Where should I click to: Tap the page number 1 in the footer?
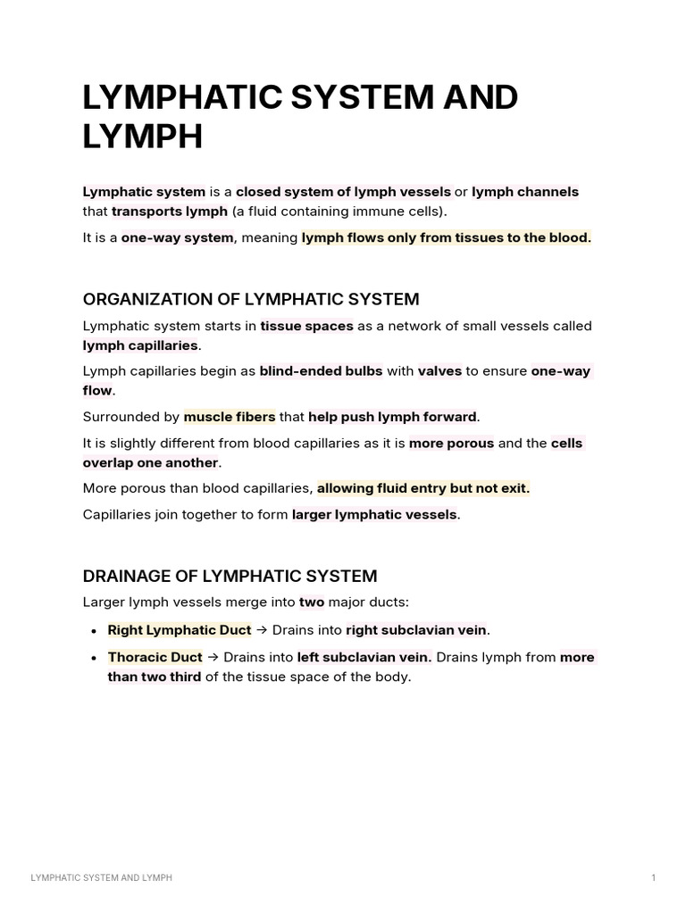tap(653, 878)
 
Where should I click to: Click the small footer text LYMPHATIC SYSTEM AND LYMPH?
tap(101, 878)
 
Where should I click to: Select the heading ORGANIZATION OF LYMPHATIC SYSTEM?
tap(251, 299)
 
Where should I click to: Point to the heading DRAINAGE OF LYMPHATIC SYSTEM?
tap(230, 576)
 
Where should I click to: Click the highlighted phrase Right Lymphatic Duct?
tap(179, 630)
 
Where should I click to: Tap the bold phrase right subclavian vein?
tap(415, 630)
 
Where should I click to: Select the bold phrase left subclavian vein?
tap(364, 657)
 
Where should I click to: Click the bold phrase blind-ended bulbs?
tap(321, 371)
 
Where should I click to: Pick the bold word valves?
tap(439, 371)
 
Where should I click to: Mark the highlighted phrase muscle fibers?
tap(229, 417)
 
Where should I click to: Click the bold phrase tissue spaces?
tap(306, 327)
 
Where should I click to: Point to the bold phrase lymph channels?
tap(524, 192)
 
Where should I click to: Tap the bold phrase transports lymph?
tap(170, 212)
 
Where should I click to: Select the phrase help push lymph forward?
tap(392, 417)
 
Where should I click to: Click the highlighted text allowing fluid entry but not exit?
tap(423, 488)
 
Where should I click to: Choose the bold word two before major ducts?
tap(312, 602)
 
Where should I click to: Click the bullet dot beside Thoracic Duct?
tap(94, 658)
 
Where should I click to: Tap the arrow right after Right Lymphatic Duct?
tap(262, 630)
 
